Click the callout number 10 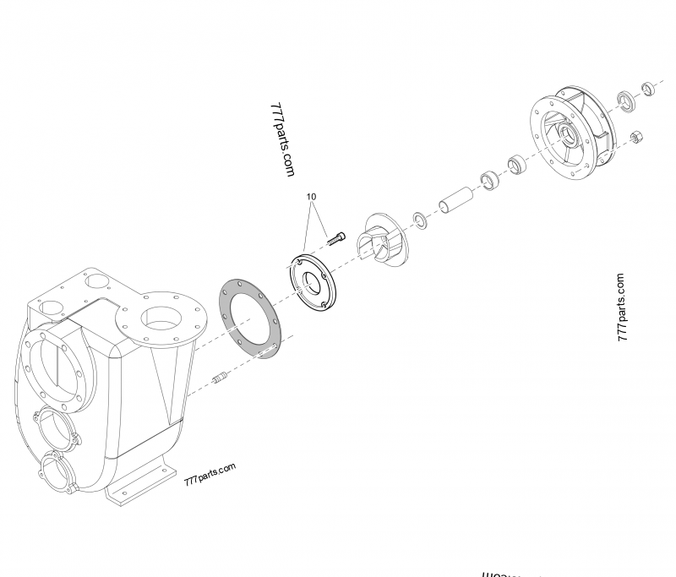312,196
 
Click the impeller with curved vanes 379,240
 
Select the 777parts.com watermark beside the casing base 209,476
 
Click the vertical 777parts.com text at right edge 623,306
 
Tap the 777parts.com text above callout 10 282,139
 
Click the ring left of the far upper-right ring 626,101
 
